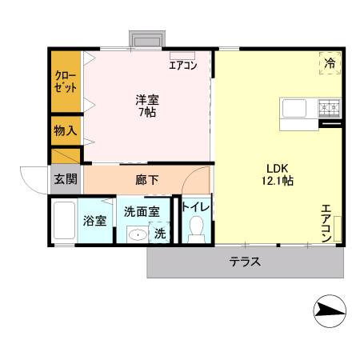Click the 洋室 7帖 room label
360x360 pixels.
[146, 106]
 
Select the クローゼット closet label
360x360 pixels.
[66, 82]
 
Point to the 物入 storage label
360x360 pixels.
[65, 130]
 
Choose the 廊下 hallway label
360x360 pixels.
[146, 179]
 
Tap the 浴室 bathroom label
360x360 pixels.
[95, 221]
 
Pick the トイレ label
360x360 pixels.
[196, 207]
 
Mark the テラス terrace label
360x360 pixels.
[246, 262]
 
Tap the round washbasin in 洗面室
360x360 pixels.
[137, 235]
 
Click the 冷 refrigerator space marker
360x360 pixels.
[330, 63]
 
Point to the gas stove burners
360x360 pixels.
[328, 106]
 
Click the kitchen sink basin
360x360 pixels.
[292, 107]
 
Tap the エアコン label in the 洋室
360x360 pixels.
[182, 66]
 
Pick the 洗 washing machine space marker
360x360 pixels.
[160, 234]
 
